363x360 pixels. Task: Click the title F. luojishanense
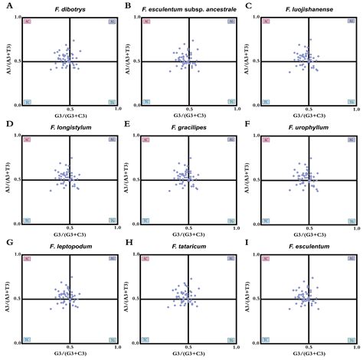[x=309, y=7]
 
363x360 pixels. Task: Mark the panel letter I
[x=247, y=244]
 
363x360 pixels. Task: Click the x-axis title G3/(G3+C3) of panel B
[x=190, y=116]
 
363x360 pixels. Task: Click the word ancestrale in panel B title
[x=224, y=7]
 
